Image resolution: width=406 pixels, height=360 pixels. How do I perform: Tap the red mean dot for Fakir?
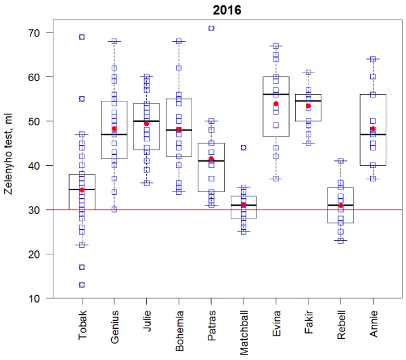(309, 106)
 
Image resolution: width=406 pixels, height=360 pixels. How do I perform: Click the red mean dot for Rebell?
(341, 206)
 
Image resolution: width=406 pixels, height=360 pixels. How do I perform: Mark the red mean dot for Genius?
(114, 129)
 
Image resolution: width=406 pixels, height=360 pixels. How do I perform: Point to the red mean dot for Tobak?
(82, 190)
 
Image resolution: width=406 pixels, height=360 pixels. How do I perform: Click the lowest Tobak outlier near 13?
(82, 285)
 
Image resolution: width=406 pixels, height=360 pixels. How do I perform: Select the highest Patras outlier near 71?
(211, 28)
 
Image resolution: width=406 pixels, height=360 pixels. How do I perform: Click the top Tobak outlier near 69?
(82, 37)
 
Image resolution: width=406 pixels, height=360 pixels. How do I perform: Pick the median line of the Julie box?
(147, 121)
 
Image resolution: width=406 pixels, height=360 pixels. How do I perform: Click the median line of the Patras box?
(211, 161)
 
